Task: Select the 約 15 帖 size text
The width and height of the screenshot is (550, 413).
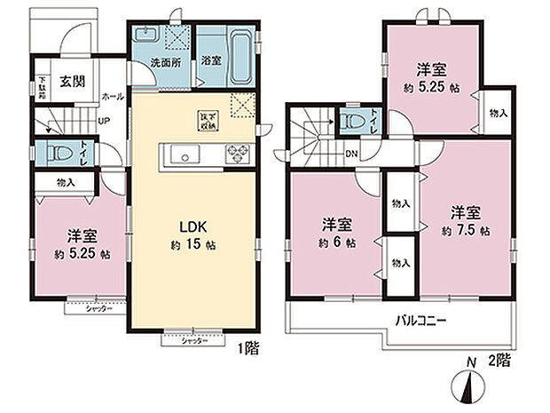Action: [x=193, y=244]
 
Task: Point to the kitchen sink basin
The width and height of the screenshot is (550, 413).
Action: [x=185, y=157]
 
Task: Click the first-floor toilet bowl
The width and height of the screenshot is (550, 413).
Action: [x=58, y=152]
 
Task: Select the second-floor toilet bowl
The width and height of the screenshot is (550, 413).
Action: [x=353, y=122]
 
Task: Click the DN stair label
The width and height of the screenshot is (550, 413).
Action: [x=352, y=152]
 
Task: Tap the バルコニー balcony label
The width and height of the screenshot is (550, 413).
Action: [x=420, y=320]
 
